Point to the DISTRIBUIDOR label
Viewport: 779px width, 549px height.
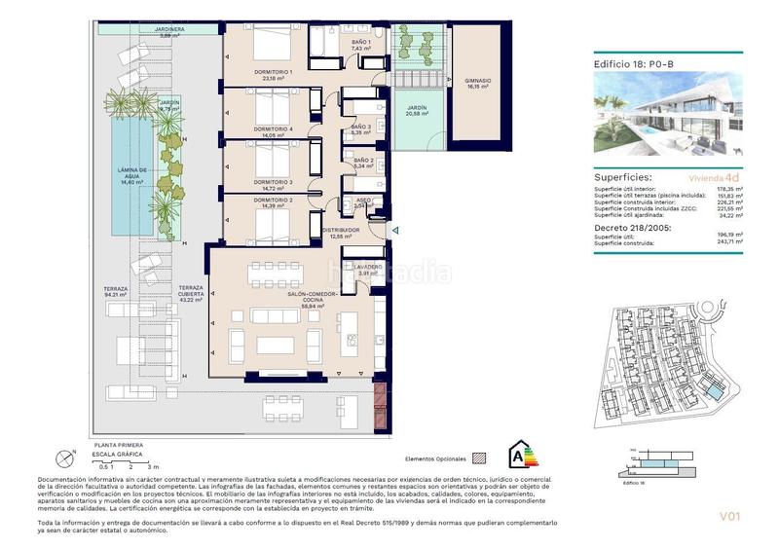coord(340,233)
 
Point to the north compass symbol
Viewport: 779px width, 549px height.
coord(65,455)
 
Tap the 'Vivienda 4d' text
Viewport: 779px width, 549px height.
coord(716,179)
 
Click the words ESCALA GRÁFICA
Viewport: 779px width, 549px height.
coord(117,455)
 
